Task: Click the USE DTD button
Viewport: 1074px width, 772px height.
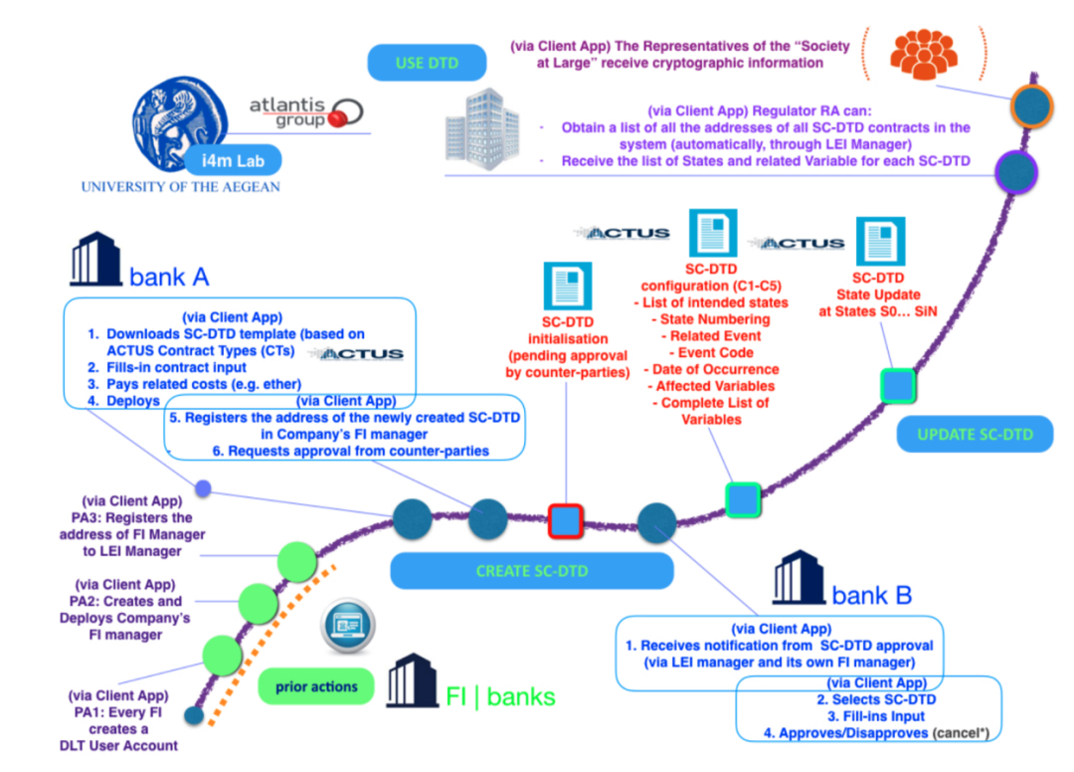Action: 427,63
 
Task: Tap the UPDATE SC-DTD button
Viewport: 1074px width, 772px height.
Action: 975,434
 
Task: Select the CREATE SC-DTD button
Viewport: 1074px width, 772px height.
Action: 531,571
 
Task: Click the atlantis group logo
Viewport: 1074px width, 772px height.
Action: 304,111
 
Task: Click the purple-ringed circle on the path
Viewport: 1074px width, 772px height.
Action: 1016,171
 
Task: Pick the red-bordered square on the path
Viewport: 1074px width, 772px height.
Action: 566,521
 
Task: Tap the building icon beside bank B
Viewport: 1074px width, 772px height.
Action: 799,580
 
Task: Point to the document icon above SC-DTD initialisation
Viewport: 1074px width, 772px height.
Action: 567,287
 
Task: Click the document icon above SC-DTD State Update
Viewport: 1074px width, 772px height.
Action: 880,241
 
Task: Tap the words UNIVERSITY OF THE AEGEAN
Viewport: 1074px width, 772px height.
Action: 180,187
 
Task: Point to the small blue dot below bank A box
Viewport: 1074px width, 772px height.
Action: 203,488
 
